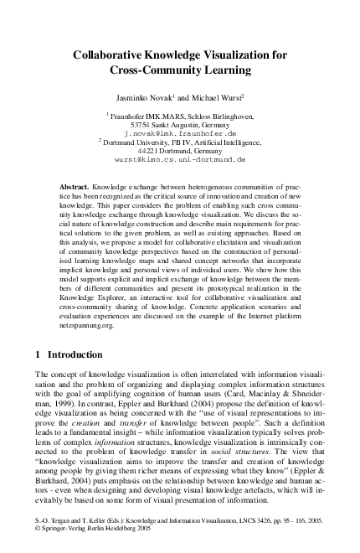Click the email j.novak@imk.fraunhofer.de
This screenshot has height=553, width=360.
[x=180, y=133]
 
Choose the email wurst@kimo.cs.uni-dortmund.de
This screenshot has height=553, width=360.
[x=181, y=161]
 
